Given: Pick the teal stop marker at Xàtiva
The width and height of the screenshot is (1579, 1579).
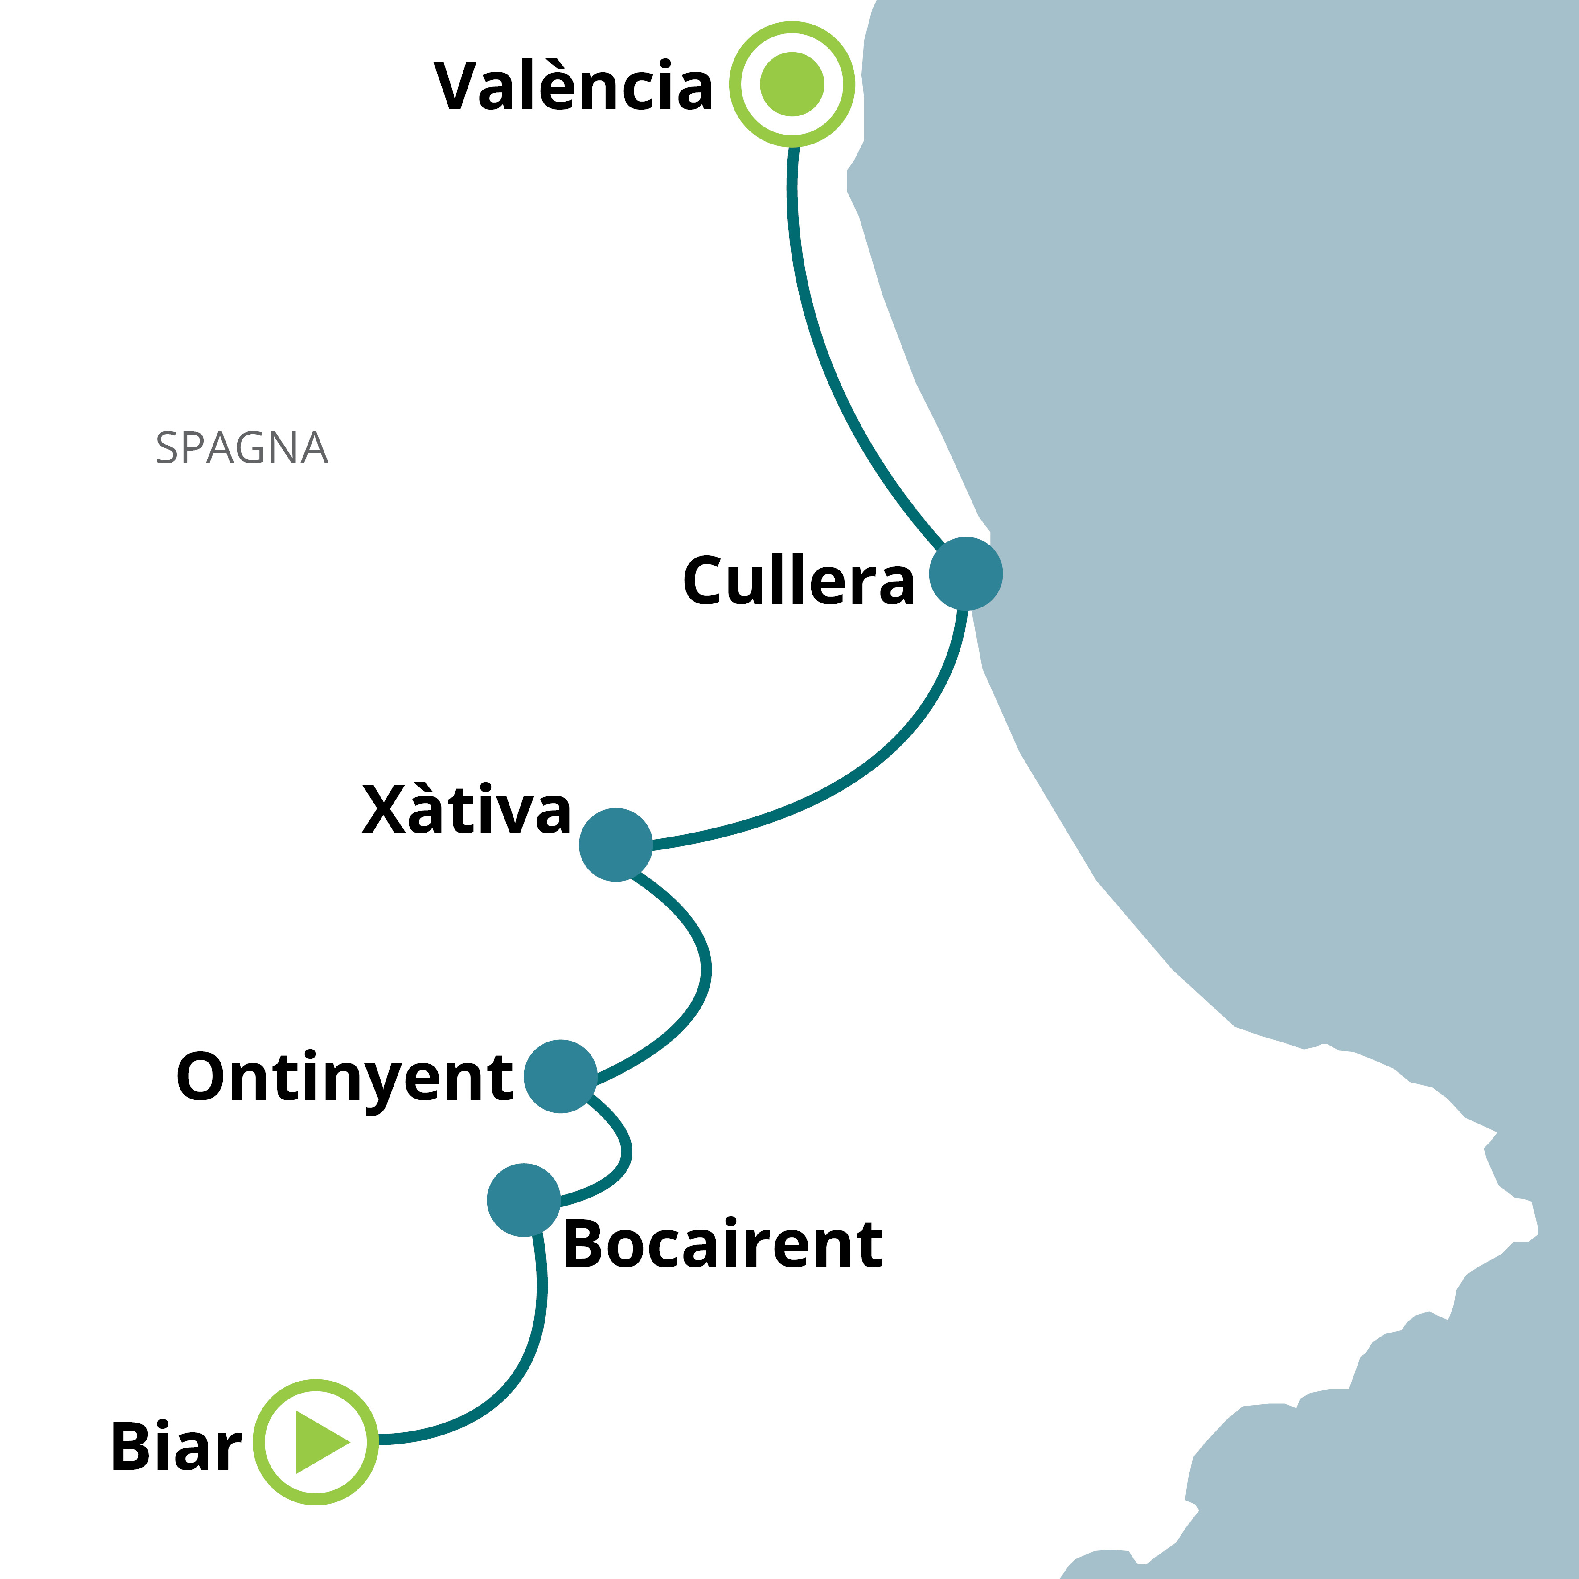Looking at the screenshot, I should point(615,845).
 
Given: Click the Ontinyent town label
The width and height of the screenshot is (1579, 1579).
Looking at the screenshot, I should point(344,1077).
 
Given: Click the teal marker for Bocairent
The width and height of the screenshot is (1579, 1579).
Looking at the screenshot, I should point(523,1200).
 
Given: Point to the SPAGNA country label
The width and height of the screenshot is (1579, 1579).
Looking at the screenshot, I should point(242,448).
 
